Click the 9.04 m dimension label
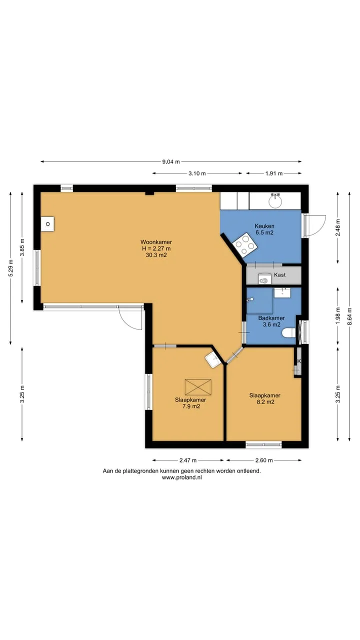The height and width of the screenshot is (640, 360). click(171, 161)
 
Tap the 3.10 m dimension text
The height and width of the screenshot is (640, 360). click(197, 173)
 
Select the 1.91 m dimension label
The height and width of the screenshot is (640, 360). click(274, 173)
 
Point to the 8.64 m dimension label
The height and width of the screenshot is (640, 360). click(349, 316)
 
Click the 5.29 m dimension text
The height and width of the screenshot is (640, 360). click(10, 268)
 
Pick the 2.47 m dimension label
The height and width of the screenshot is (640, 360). click(188, 460)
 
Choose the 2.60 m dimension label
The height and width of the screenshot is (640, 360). click(264, 460)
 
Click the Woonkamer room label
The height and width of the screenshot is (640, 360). click(156, 242)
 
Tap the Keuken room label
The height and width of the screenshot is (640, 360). click(264, 226)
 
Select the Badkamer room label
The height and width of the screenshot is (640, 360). click(271, 318)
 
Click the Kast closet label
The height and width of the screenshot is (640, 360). click(279, 275)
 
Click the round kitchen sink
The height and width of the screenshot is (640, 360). click(275, 200)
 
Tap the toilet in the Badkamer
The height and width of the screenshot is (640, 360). click(288, 333)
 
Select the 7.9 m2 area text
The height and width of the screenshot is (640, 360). click(191, 406)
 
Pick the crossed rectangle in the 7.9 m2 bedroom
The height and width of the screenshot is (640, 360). click(198, 387)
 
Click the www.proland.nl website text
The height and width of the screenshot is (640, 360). click(181, 477)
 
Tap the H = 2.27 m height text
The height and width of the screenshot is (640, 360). click(156, 248)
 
